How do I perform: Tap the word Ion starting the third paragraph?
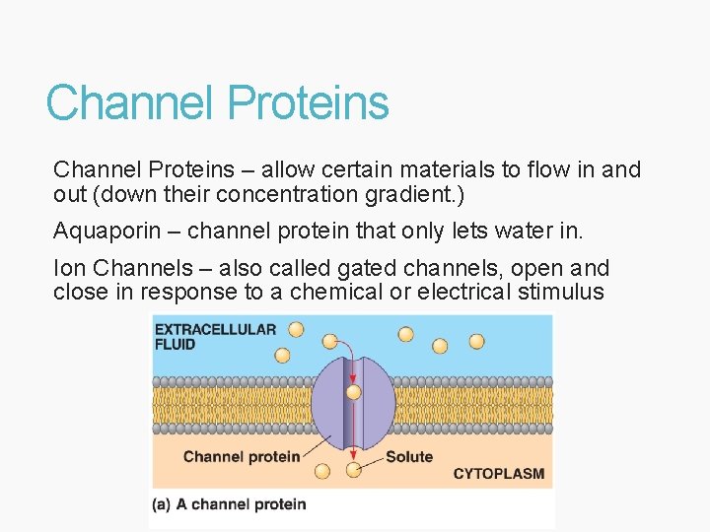tap(69, 268)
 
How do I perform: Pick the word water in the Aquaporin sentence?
tap(527, 232)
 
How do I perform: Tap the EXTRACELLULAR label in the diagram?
tap(215, 329)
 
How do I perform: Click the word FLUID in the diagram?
tap(176, 345)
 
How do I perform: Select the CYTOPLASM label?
tap(498, 474)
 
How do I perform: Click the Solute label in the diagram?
tap(408, 456)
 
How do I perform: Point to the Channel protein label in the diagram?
tap(241, 456)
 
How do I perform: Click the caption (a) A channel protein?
tap(229, 504)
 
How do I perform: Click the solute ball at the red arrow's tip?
tap(354, 470)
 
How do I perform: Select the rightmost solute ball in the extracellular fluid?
tap(476, 341)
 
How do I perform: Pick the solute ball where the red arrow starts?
tap(329, 341)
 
